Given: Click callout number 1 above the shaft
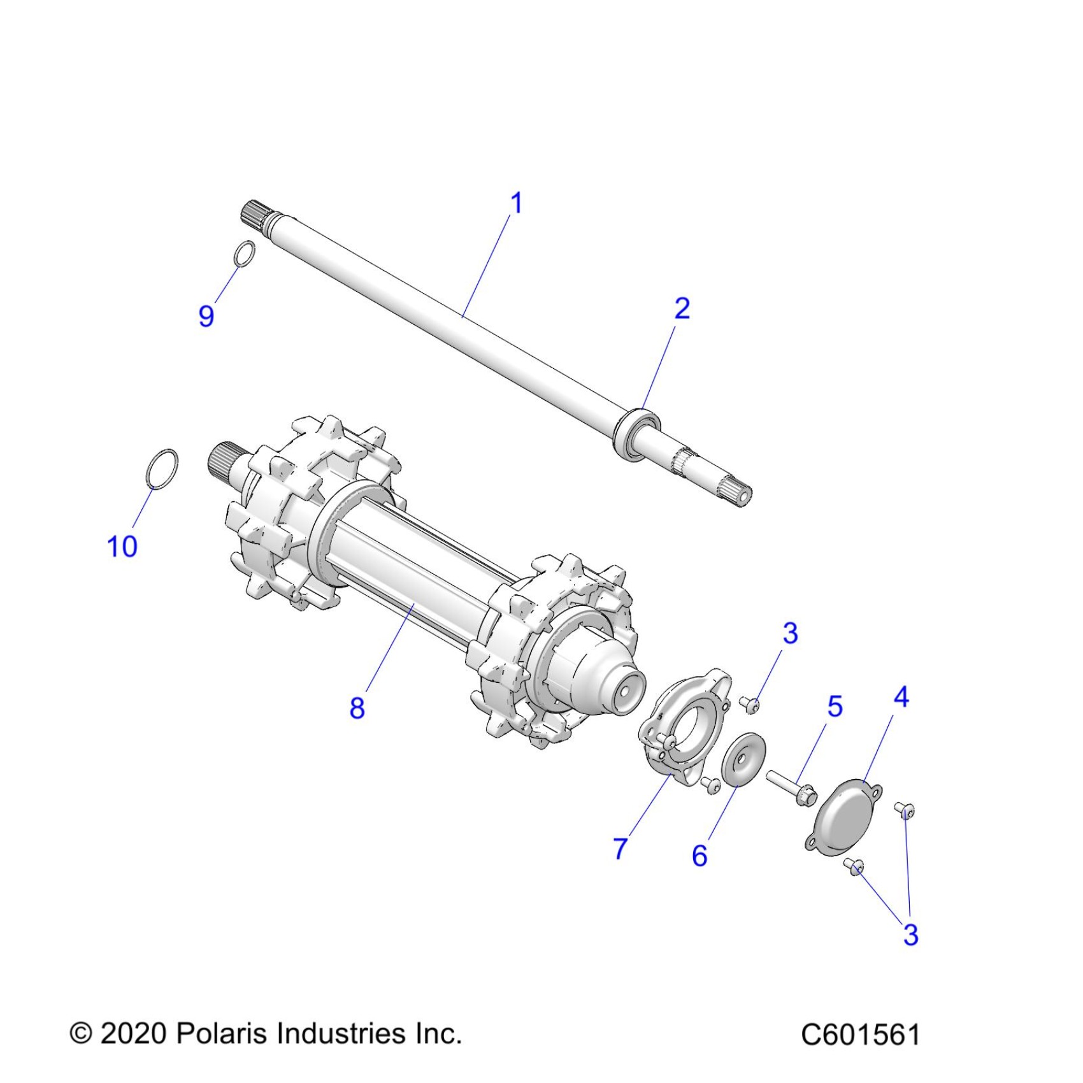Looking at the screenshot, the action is click(516, 203).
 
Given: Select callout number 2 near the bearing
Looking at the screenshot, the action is click(682, 309).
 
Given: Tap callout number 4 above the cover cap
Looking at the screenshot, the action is click(901, 697).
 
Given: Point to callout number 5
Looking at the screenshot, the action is click(835, 706).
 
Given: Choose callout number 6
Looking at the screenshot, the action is click(699, 856).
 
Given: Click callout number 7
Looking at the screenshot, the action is click(620, 848).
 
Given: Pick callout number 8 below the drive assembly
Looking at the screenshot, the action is click(357, 708).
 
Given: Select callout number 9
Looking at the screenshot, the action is click(206, 316).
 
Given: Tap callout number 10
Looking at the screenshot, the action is click(122, 547).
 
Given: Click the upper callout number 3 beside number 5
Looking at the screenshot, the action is click(790, 633).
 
